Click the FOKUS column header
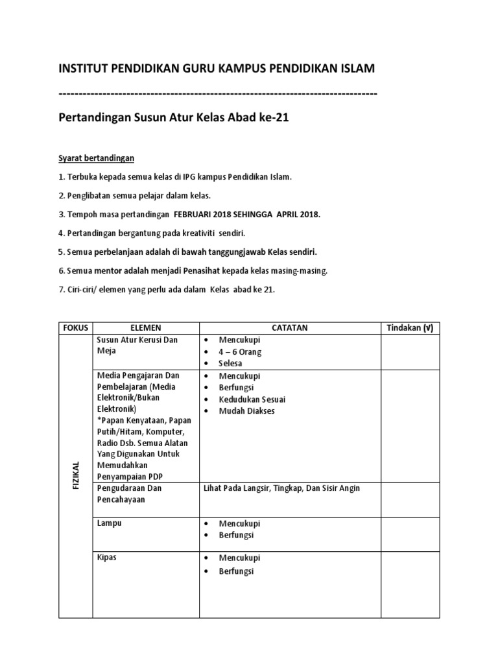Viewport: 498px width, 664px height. coord(75,328)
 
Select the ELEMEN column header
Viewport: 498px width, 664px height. coord(146,328)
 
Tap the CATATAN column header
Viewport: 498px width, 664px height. coord(290,328)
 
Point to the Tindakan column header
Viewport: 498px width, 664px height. coord(410,328)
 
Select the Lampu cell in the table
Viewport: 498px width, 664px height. coord(109,523)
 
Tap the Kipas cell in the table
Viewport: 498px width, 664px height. coord(106,558)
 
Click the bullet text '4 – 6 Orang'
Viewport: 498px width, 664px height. coord(240,352)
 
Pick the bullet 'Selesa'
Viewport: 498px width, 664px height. coord(231,364)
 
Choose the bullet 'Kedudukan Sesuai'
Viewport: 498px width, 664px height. coord(252,399)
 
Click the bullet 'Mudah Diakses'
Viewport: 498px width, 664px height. coord(246,411)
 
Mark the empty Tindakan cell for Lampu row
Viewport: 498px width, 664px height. coord(410,534)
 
